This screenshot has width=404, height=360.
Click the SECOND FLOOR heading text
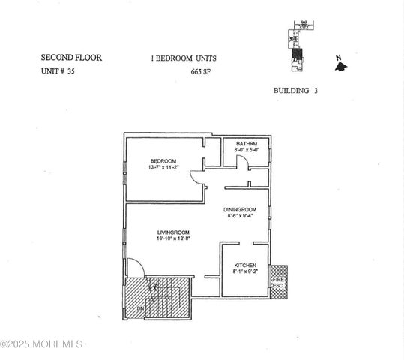(x=70, y=57)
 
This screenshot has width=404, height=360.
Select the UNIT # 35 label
(x=58, y=72)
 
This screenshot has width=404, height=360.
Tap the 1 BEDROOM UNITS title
(x=184, y=58)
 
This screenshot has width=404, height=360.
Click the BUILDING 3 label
(x=296, y=90)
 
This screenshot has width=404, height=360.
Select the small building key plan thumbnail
(x=298, y=48)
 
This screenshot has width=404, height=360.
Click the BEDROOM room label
(x=163, y=161)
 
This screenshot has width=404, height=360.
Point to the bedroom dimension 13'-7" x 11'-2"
(x=163, y=168)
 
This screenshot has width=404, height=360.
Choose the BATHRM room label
(x=247, y=143)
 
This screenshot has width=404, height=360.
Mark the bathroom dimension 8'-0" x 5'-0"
(x=247, y=150)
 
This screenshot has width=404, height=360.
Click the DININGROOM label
(x=240, y=209)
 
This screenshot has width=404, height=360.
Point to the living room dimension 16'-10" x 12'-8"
(x=172, y=238)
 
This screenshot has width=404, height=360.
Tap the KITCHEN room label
(x=245, y=265)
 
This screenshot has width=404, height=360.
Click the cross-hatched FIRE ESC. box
(x=277, y=281)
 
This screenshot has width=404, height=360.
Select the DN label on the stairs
(x=140, y=307)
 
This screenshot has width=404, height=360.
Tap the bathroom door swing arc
(x=241, y=163)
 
